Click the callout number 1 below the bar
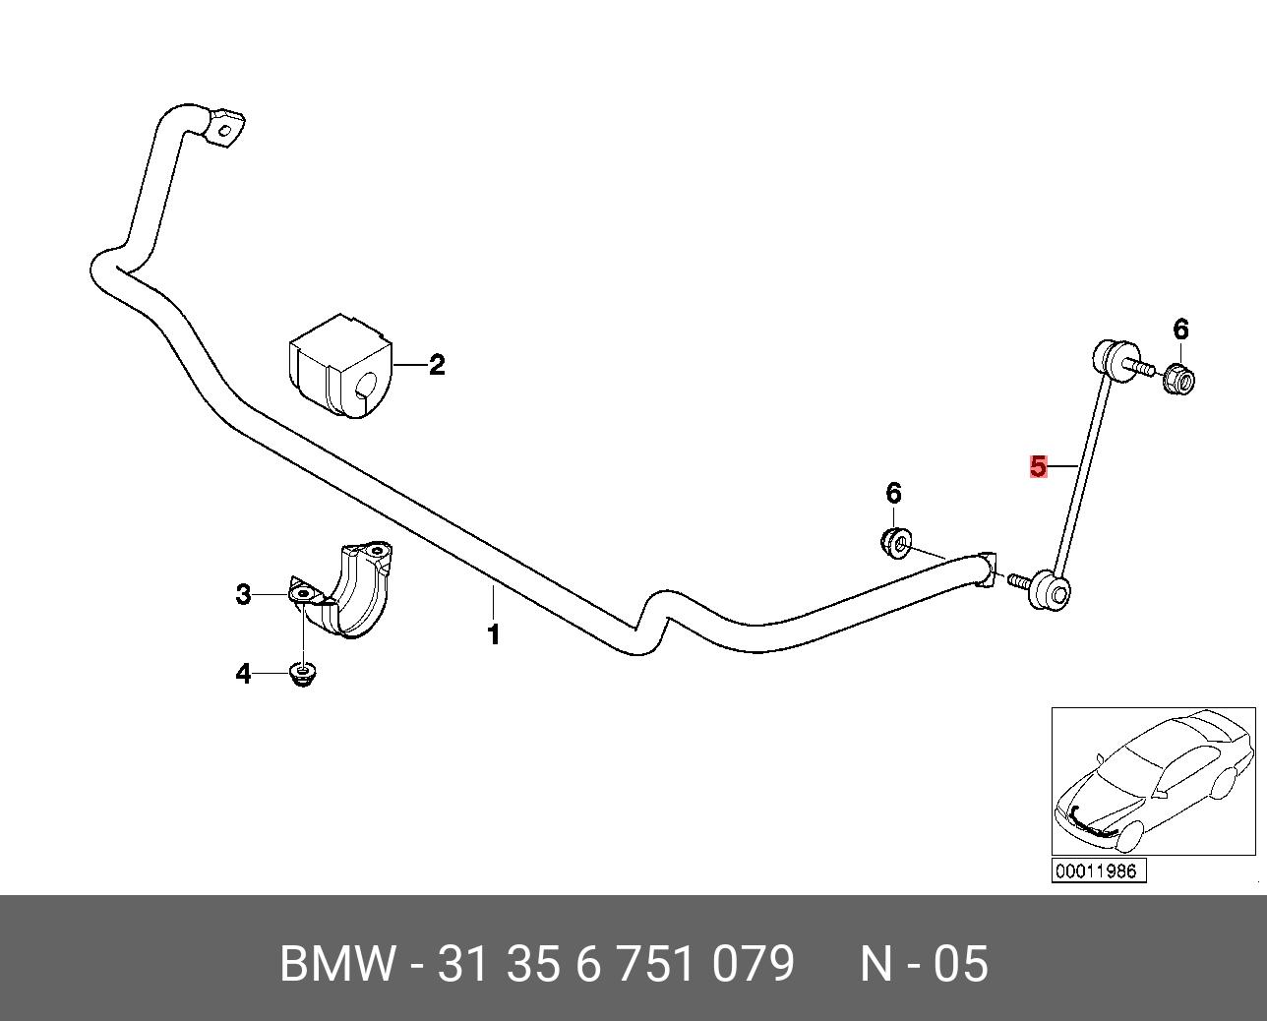(x=494, y=634)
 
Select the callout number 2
(x=436, y=365)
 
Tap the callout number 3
(x=243, y=595)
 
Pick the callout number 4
(x=243, y=674)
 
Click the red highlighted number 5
(x=1039, y=466)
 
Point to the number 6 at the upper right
(x=1181, y=330)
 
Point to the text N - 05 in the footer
(x=925, y=965)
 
